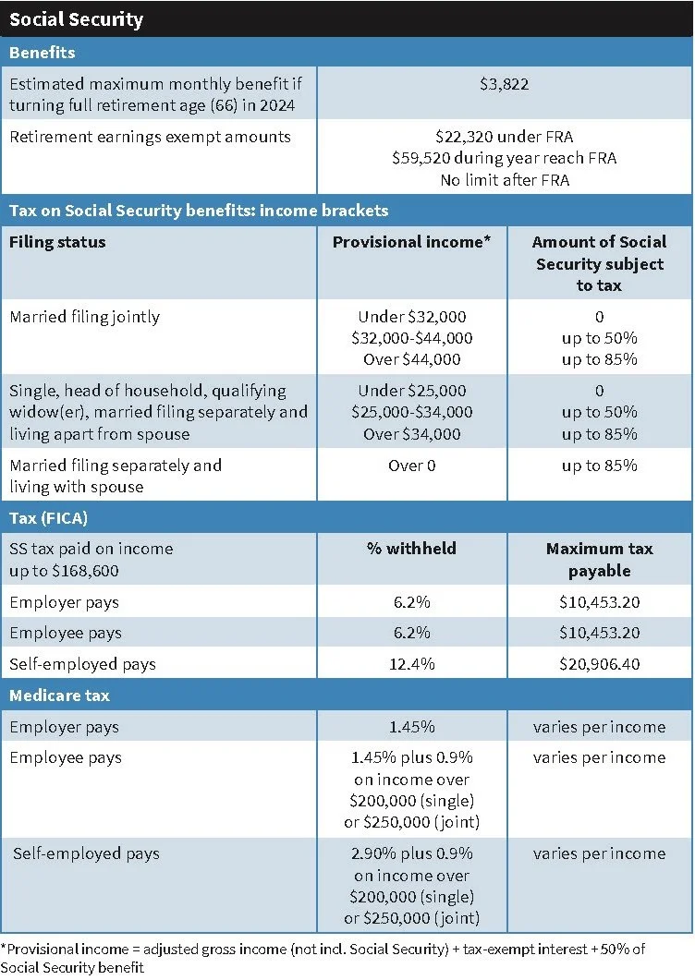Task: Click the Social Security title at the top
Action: tap(76, 18)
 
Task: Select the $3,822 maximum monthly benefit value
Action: tap(504, 84)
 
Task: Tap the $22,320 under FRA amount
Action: tap(504, 137)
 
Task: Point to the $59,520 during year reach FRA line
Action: tap(504, 158)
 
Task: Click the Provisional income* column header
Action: tap(413, 242)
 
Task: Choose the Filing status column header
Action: tap(57, 242)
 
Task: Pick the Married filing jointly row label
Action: tap(84, 317)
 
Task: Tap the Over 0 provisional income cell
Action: tap(412, 466)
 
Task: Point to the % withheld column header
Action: tap(412, 549)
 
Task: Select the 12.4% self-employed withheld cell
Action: tap(412, 664)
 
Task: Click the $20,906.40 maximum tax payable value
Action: tap(599, 664)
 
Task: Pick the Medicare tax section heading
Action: tap(60, 696)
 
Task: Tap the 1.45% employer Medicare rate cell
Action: tap(412, 727)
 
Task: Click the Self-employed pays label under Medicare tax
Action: tap(86, 853)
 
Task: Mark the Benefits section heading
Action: tap(43, 53)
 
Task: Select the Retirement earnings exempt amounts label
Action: tap(150, 137)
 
